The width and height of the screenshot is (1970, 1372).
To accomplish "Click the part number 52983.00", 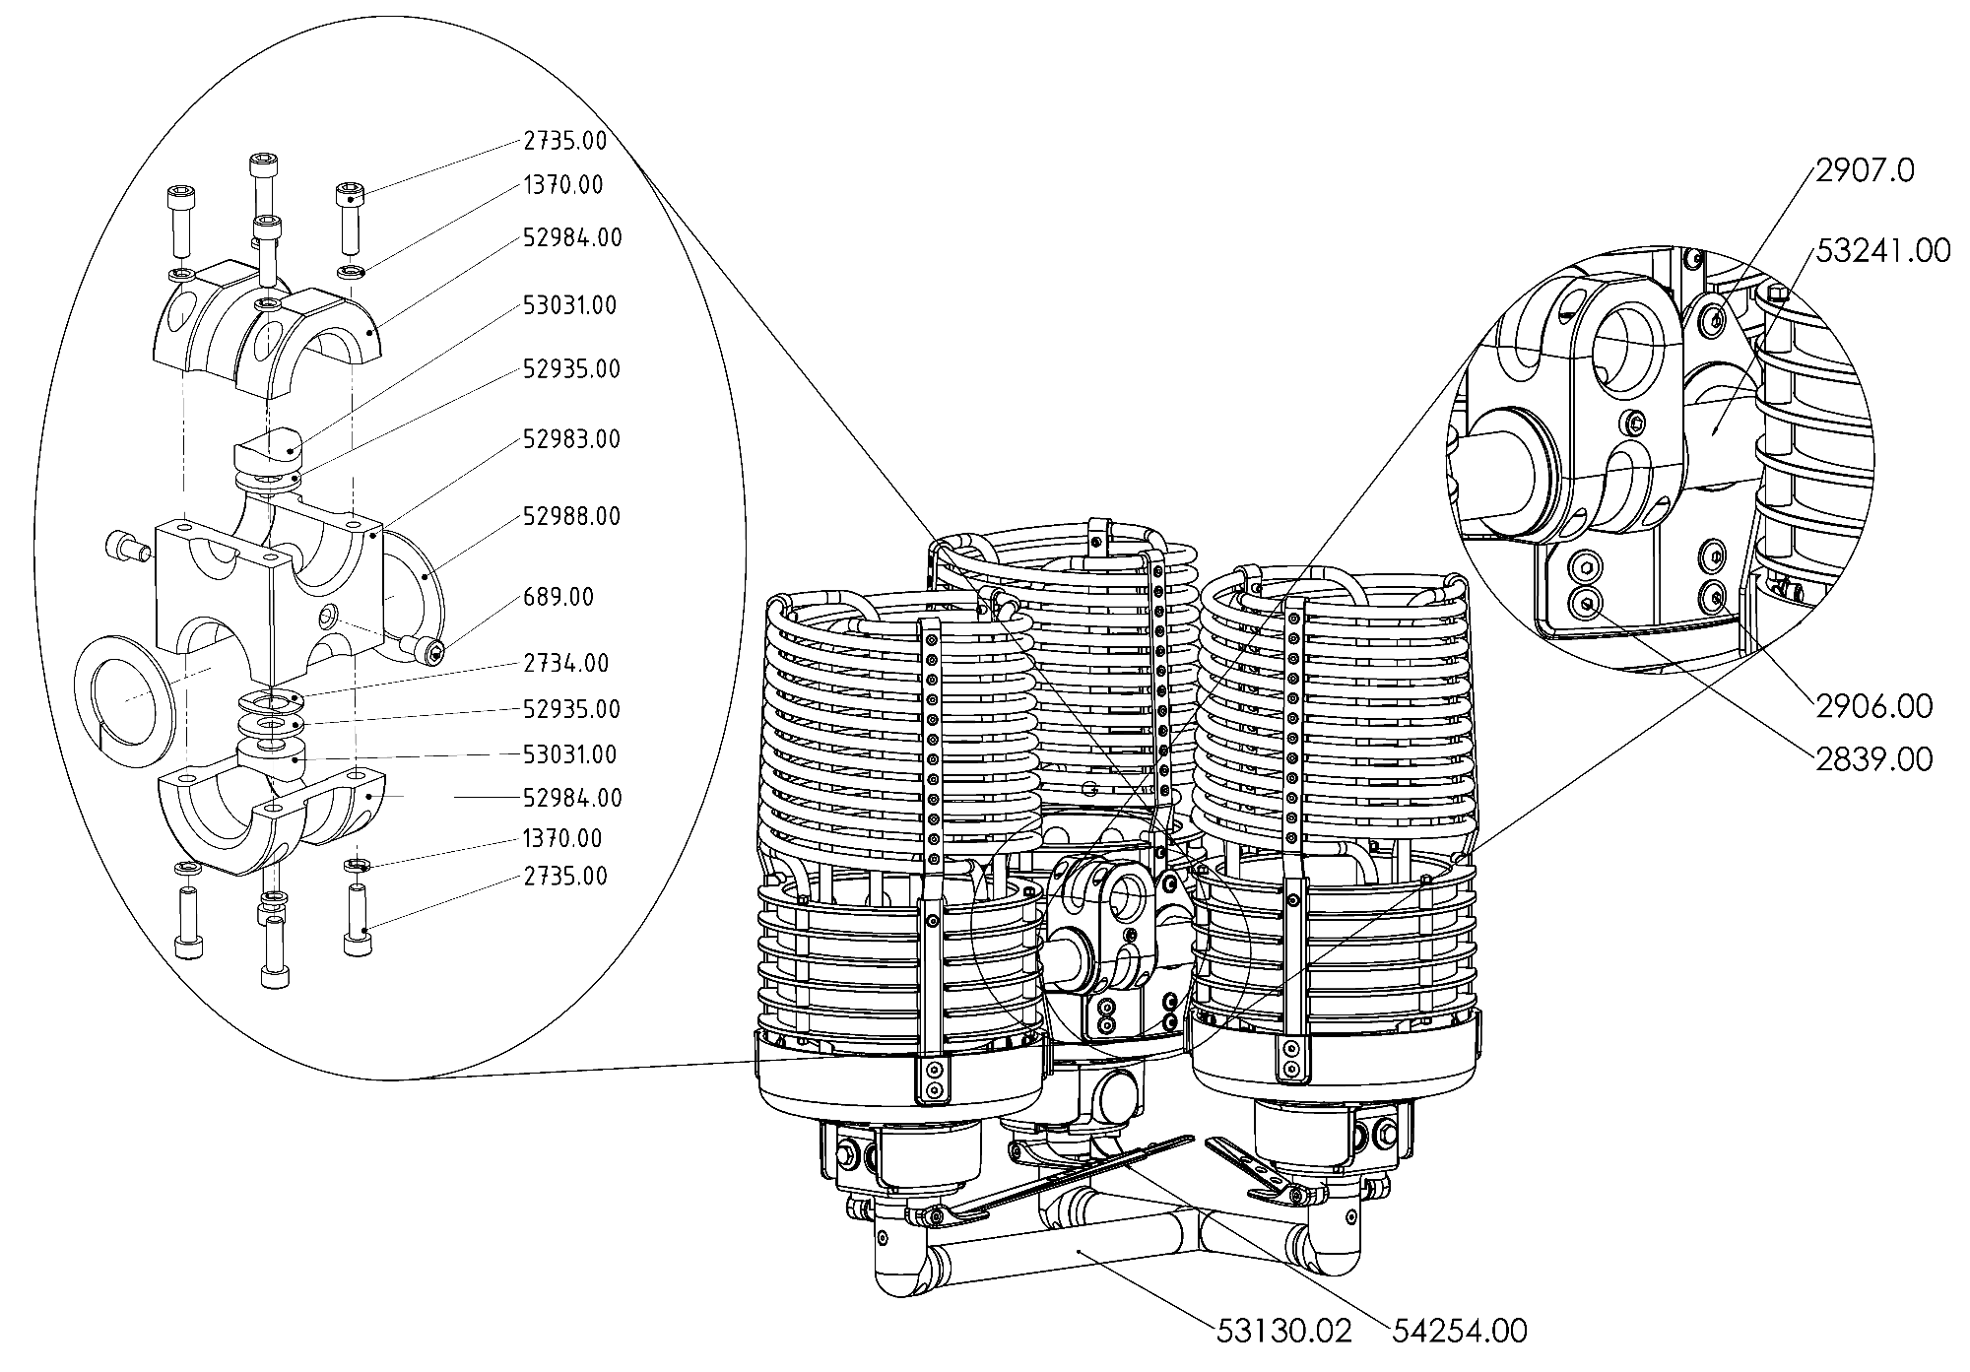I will [571, 438].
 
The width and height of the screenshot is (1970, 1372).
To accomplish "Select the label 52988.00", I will [571, 516].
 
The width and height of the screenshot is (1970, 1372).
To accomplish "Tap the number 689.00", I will [558, 597].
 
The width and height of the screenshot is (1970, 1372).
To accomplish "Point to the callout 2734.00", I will [565, 663].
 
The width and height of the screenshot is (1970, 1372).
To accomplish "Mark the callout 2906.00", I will [1872, 705].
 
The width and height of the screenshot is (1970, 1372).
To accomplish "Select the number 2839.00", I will [1872, 758].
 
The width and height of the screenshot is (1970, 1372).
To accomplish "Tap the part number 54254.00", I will [1460, 1332].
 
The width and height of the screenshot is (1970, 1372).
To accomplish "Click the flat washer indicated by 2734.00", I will [272, 701].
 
